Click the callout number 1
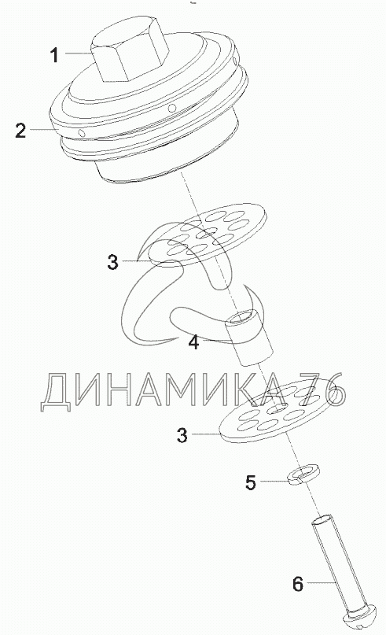click(x=54, y=55)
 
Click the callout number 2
click(x=20, y=131)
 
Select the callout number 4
click(x=194, y=342)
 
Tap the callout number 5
click(x=251, y=482)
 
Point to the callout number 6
click(x=297, y=584)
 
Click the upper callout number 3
click(x=113, y=261)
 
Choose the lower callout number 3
click(x=182, y=435)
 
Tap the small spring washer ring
click(x=303, y=474)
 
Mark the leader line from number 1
click(x=78, y=53)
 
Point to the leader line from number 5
click(x=275, y=481)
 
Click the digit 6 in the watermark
click(x=334, y=391)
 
